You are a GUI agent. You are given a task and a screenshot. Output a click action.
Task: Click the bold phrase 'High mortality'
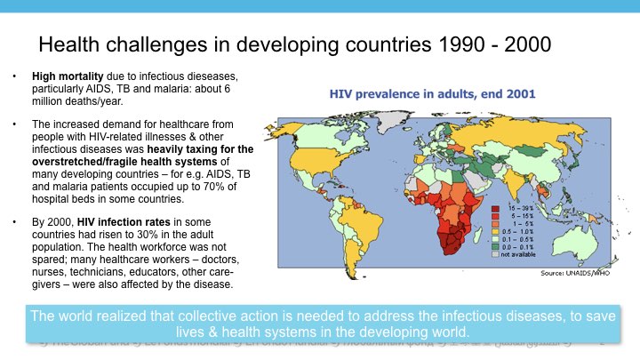(x=69, y=77)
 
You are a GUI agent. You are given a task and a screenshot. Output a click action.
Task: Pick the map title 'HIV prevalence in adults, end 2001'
(x=432, y=93)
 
